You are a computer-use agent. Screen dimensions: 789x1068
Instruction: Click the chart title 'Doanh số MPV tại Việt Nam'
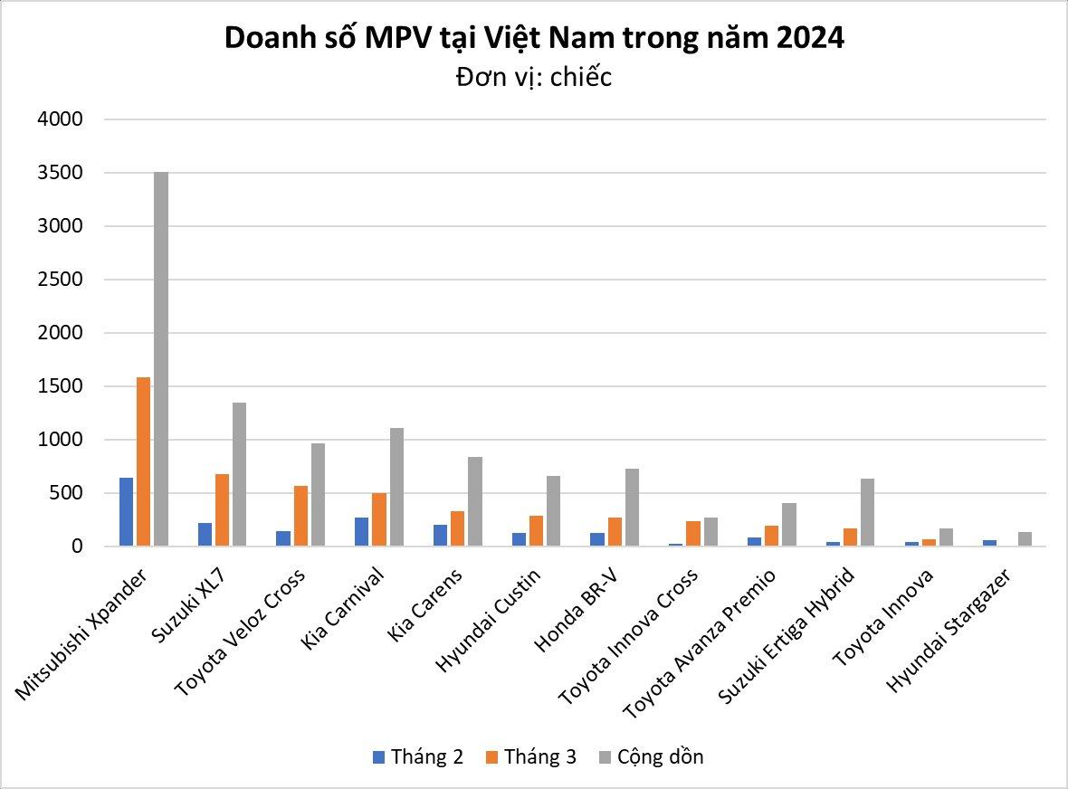[x=534, y=39]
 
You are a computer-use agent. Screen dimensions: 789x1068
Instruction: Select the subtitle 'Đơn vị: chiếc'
[x=534, y=78]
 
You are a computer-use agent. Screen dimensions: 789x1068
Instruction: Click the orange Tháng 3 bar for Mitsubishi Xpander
[x=144, y=461]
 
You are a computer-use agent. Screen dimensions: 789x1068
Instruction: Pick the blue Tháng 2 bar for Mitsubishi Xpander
[x=127, y=512]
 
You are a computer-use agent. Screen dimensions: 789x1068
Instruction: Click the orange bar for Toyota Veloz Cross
[x=300, y=516]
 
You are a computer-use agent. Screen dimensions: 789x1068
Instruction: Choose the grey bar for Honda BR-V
[x=632, y=508]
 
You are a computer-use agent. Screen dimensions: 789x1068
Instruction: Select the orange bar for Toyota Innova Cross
[x=692, y=534]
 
